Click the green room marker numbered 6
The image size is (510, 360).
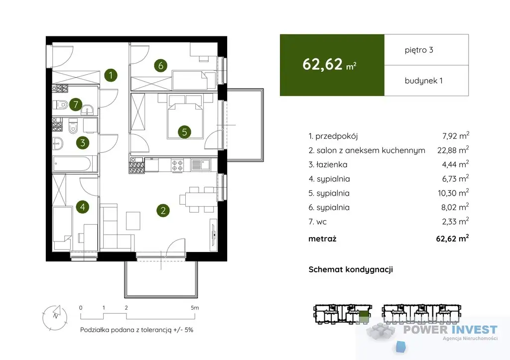161,66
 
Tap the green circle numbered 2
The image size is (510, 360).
163,211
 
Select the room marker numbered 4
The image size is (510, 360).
83,207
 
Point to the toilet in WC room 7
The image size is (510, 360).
60,105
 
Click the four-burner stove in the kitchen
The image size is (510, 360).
177,165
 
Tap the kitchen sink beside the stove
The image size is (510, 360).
200,164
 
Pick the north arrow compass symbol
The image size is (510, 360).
55,317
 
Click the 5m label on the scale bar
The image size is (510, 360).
195,308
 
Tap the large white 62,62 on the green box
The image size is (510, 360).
322,64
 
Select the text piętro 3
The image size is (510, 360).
419,50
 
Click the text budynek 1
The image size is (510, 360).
423,81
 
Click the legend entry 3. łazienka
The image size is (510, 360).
328,164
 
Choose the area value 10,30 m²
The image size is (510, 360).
453,193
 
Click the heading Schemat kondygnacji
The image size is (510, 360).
351,269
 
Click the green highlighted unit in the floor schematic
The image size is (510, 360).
364,316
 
